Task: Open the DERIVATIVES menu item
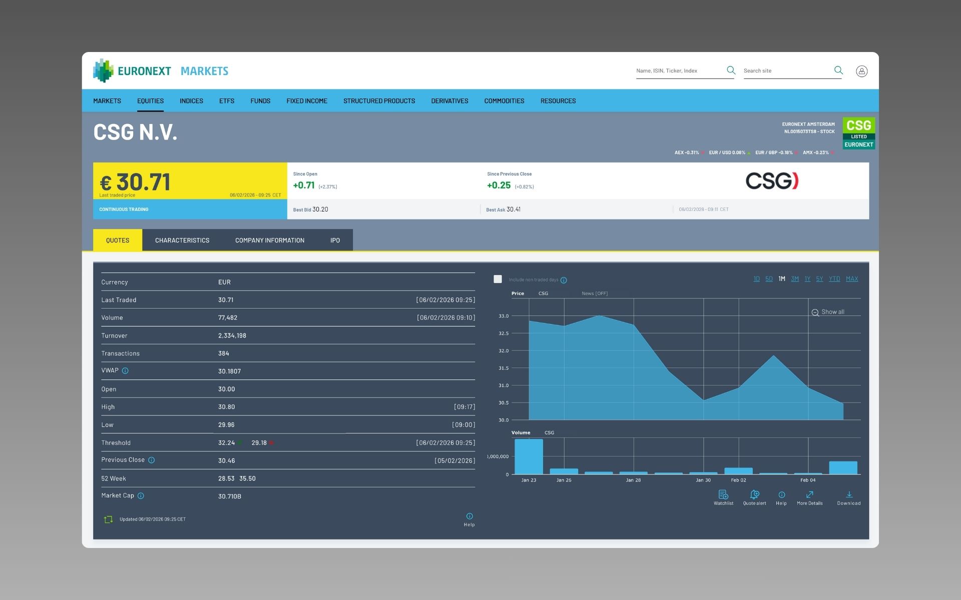pyautogui.click(x=449, y=101)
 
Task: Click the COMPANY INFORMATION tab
pyautogui.click(x=269, y=240)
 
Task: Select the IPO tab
pyautogui.click(x=335, y=240)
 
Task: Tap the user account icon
pyautogui.click(x=861, y=71)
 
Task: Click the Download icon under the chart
pyautogui.click(x=849, y=495)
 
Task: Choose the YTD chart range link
pyautogui.click(x=834, y=279)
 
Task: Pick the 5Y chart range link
pyautogui.click(x=819, y=279)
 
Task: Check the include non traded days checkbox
pyautogui.click(x=498, y=279)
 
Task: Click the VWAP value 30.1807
pyautogui.click(x=229, y=371)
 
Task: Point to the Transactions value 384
pyautogui.click(x=224, y=353)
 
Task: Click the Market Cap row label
pyautogui.click(x=118, y=495)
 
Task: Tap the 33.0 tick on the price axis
pyautogui.click(x=503, y=316)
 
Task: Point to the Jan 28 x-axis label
pyautogui.click(x=633, y=480)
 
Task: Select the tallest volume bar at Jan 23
pyautogui.click(x=529, y=456)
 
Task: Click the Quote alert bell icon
pyautogui.click(x=754, y=494)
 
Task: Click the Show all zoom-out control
pyautogui.click(x=828, y=312)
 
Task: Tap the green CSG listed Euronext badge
pyautogui.click(x=858, y=133)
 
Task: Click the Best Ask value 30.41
pyautogui.click(x=513, y=209)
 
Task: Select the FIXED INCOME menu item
pyautogui.click(x=306, y=101)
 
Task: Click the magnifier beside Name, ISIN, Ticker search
pyautogui.click(x=731, y=70)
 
